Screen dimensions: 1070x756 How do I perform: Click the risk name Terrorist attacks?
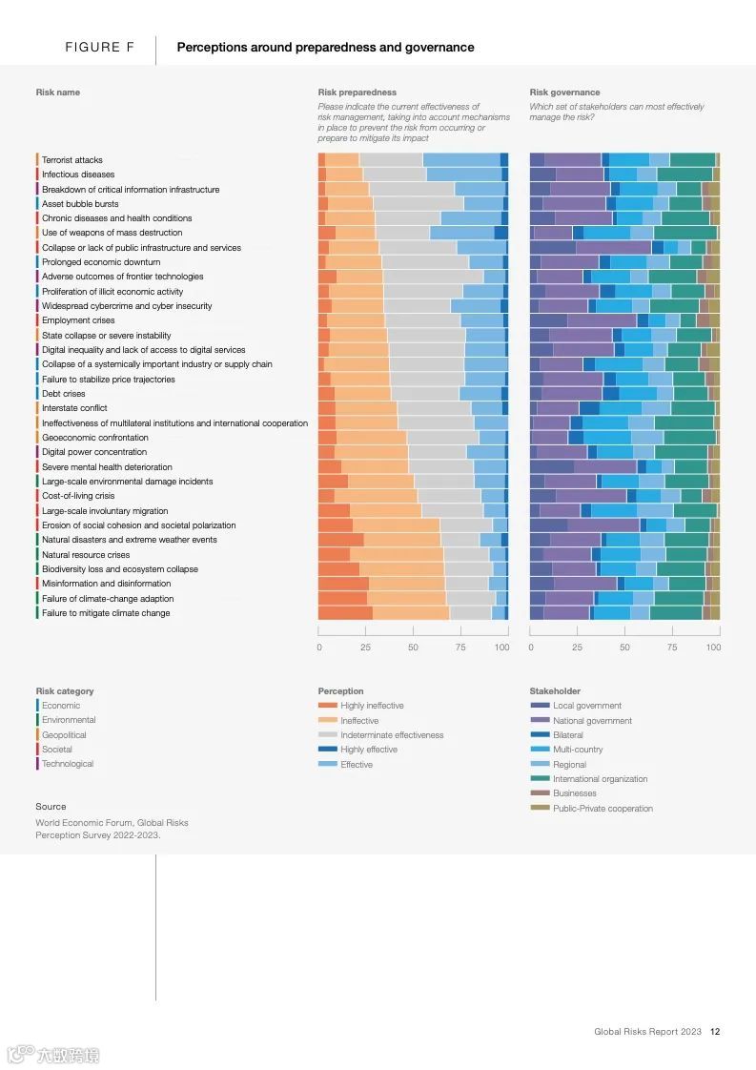pos(72,160)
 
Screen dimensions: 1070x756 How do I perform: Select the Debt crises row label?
pos(63,394)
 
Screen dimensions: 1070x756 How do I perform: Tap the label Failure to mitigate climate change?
pos(106,613)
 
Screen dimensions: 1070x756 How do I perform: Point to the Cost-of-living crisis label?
pos(77,496)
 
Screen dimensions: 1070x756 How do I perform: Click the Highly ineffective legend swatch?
pos(327,706)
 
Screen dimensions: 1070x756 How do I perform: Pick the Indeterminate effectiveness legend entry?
pos(392,735)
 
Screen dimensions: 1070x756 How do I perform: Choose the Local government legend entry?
pos(586,706)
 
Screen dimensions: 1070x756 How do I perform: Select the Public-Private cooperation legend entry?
pos(603,809)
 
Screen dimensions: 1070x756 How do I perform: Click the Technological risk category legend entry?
pos(68,764)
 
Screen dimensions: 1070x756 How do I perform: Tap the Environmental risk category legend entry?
pos(69,720)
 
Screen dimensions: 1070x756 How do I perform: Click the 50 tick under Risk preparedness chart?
pos(413,648)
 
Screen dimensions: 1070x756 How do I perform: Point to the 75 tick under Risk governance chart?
pos(671,648)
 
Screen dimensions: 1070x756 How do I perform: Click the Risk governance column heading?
pos(564,93)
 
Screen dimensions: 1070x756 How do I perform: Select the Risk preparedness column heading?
pos(357,93)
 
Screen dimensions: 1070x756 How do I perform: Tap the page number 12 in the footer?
pos(715,1031)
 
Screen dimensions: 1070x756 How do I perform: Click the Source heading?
pos(51,807)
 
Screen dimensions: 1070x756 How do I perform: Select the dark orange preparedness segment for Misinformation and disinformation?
pos(343,584)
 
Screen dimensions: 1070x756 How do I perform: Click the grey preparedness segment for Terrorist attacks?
pos(391,160)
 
